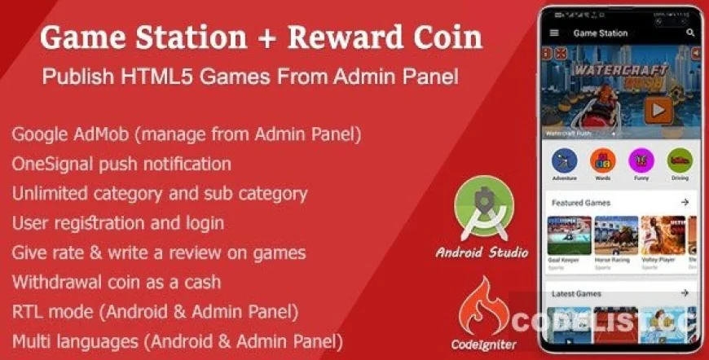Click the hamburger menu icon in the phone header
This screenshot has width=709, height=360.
click(555, 33)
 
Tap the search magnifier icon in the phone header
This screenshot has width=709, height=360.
click(691, 33)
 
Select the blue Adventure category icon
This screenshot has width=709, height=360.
click(564, 160)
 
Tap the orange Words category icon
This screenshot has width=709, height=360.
click(603, 160)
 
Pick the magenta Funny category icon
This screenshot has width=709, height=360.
click(641, 160)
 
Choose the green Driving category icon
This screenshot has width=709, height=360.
click(679, 160)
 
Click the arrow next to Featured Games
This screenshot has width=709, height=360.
click(685, 202)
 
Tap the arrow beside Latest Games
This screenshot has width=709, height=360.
click(685, 293)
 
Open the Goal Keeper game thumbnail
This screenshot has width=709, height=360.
click(570, 236)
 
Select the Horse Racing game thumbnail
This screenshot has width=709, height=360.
click(616, 236)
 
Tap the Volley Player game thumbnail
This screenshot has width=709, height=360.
click(663, 236)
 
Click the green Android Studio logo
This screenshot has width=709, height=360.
click(481, 215)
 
